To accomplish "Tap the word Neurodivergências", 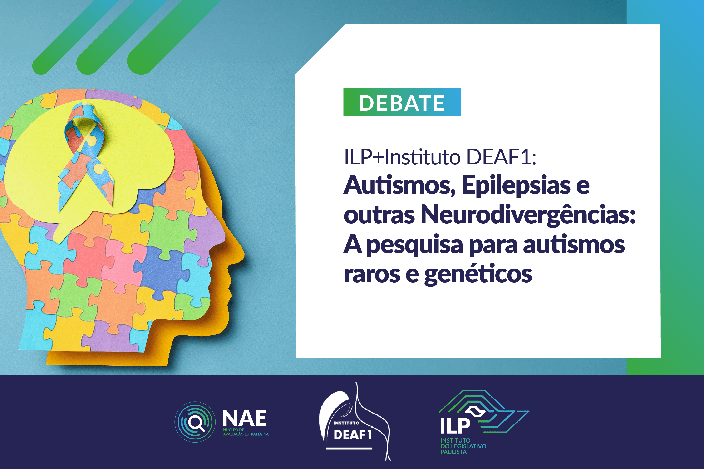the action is click(x=528, y=214).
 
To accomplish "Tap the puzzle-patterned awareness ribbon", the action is click(x=86, y=156).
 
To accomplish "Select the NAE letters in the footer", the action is click(x=245, y=418).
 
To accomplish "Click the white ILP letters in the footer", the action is click(x=455, y=426).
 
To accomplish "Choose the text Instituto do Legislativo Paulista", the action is click(x=463, y=446).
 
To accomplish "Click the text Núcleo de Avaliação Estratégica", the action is click(x=246, y=432).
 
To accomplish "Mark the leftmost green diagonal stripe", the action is click(x=75, y=37).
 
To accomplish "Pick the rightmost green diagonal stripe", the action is click(x=173, y=37).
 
